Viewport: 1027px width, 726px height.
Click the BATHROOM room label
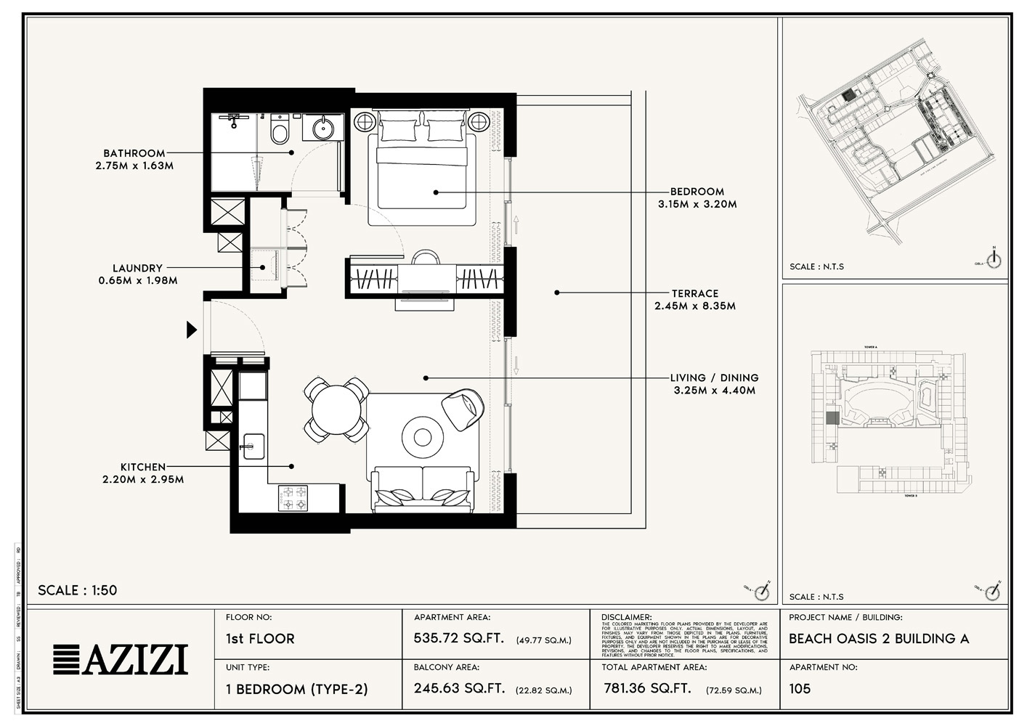(134, 153)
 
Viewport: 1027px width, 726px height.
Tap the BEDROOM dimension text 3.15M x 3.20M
(697, 205)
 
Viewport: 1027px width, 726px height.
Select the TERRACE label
(694, 293)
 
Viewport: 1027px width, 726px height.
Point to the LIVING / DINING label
(714, 378)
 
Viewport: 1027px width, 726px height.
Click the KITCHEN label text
(143, 467)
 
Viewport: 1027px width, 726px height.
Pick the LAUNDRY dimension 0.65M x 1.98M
(138, 280)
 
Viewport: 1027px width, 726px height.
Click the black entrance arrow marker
(192, 330)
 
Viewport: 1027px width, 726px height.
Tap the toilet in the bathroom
(279, 131)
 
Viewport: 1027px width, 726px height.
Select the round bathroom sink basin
(323, 129)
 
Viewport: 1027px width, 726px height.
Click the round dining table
(336, 409)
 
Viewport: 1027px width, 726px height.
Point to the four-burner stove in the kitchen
(292, 497)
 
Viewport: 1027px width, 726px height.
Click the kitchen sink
(253, 445)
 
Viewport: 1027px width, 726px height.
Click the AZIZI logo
(121, 659)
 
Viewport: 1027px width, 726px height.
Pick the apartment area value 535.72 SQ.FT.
(458, 639)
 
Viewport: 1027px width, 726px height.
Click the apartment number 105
(800, 688)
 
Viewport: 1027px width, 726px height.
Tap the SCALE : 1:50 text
(77, 590)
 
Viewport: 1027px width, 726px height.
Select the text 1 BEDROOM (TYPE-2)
(296, 689)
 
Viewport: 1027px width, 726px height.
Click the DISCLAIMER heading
(626, 617)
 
